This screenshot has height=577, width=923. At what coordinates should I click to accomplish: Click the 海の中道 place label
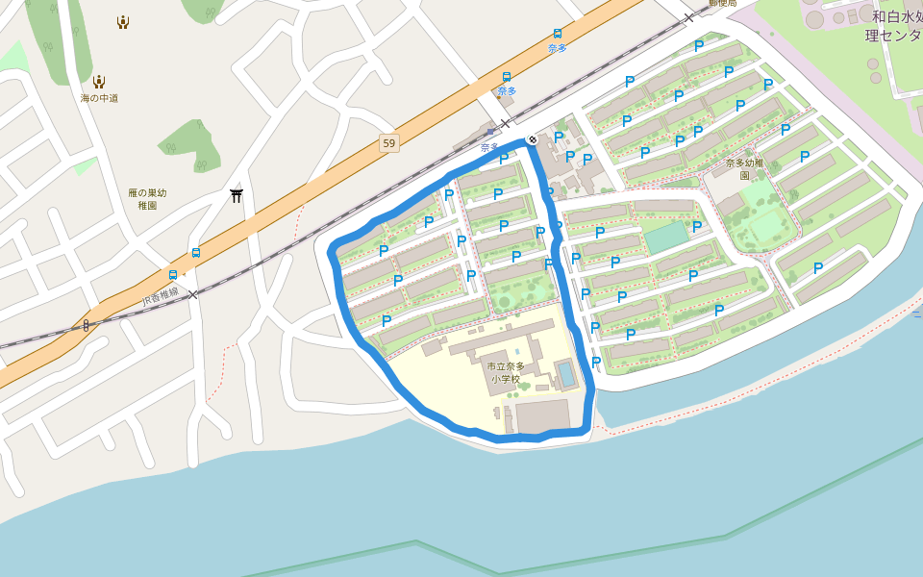pos(99,98)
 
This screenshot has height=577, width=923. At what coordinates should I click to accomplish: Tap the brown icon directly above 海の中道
pos(99,81)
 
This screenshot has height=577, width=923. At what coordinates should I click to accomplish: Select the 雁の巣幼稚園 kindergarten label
pos(147,199)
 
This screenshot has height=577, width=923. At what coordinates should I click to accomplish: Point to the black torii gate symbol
pos(237,196)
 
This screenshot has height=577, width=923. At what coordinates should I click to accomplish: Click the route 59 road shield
pos(388,143)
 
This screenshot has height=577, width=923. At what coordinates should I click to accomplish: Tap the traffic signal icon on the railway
pos(87,325)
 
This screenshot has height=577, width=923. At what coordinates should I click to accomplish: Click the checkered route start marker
pos(532,140)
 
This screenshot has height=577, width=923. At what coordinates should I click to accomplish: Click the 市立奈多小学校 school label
pos(506,372)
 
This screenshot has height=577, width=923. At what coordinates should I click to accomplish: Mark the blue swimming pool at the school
pos(566,373)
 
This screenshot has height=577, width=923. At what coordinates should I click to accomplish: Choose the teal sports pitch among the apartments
pos(666,238)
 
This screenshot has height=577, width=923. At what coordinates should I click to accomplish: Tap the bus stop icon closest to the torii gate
pos(196,253)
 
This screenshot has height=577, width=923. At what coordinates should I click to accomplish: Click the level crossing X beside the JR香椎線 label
pos(192,294)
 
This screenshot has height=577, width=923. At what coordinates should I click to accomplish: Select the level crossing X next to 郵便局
pos(688,17)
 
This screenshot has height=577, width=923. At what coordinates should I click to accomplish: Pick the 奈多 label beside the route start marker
pos(490,147)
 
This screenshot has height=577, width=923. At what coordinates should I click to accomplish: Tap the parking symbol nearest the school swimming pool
pos(596,363)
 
